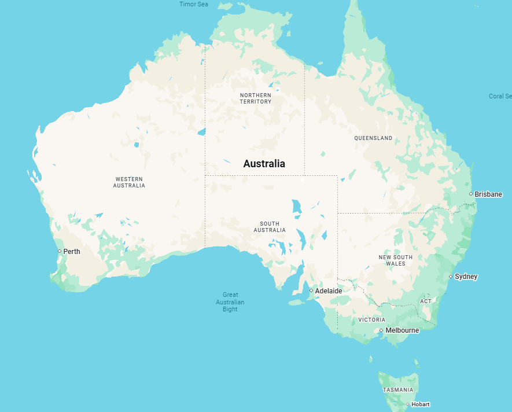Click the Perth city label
(72, 252)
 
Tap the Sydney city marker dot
(451, 277)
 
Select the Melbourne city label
(402, 330)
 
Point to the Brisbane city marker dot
(471, 194)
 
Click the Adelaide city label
(329, 290)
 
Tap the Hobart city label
(421, 404)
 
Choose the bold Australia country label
(264, 164)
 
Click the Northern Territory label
(255, 98)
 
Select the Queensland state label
(373, 138)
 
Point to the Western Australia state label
(129, 182)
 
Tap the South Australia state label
(270, 227)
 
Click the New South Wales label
(396, 260)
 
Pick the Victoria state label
(371, 319)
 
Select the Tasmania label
(398, 390)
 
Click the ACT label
(426, 301)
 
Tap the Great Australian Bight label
(230, 302)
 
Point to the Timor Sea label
(194, 4)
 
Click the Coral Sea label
(500, 96)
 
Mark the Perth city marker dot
(59, 251)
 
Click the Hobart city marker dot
(407, 404)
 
